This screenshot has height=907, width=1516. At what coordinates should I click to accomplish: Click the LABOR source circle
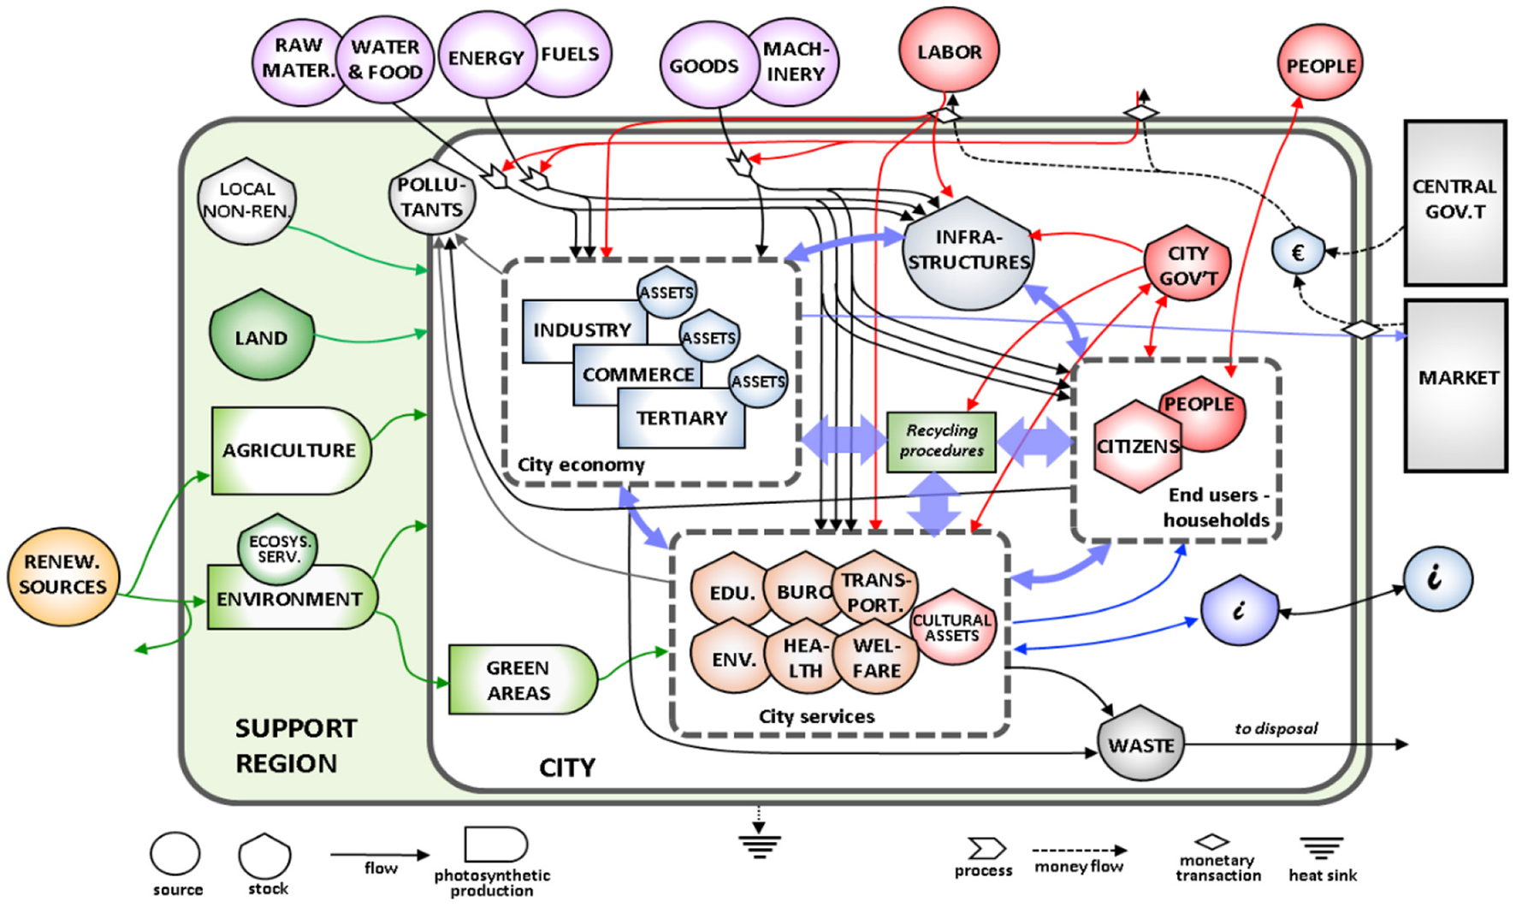tap(949, 51)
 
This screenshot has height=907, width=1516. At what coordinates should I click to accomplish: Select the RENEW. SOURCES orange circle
tap(63, 575)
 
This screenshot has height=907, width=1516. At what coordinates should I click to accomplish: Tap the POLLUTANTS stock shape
tap(431, 198)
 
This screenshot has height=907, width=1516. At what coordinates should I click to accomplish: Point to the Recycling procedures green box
tap(941, 442)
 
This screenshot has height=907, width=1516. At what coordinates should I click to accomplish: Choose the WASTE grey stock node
tap(1140, 744)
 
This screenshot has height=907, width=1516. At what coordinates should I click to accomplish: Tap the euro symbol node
tap(1298, 252)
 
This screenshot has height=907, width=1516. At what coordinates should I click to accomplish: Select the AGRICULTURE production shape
tap(289, 450)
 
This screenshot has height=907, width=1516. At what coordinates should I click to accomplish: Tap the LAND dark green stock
tap(262, 336)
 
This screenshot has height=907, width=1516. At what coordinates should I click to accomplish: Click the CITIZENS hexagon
tap(1137, 447)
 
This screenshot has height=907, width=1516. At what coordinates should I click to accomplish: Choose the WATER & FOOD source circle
tap(385, 59)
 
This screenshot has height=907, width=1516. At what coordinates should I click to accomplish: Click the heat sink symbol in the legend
tap(1321, 849)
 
